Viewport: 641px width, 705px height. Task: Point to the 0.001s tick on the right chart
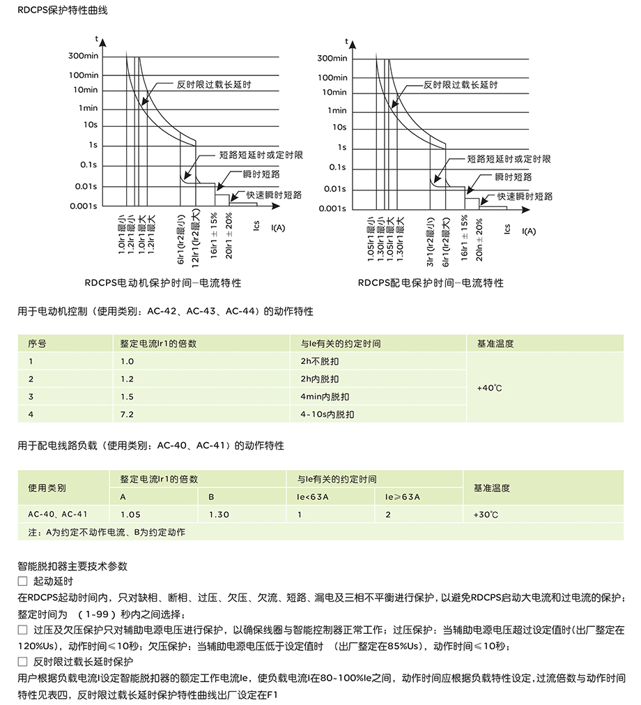click(332, 209)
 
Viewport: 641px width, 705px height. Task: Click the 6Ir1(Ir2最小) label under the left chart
click(180, 240)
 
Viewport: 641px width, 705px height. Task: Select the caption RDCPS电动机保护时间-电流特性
click(163, 283)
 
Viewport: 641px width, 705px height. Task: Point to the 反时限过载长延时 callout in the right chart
click(461, 85)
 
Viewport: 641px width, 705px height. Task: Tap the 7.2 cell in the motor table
click(127, 414)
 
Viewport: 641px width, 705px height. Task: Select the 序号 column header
click(37, 344)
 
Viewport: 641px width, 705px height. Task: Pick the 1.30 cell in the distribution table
click(219, 515)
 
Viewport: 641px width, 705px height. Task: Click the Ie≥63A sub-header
click(403, 497)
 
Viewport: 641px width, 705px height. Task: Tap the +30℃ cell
click(486, 515)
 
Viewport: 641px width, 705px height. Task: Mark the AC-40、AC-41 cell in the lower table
click(58, 515)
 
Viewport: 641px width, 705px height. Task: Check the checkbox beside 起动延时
click(22, 581)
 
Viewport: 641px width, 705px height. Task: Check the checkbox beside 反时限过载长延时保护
click(22, 660)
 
